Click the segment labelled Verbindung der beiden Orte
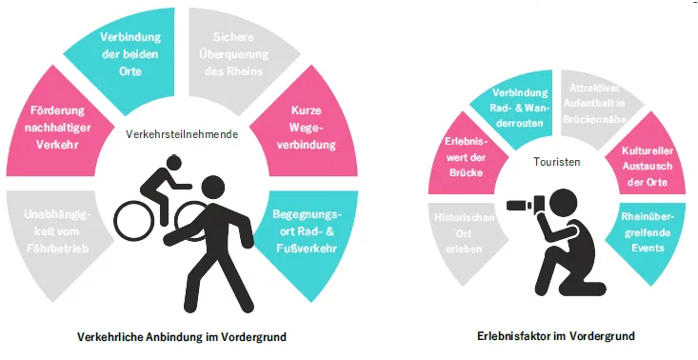[x=130, y=55]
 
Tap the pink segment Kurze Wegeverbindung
[x=308, y=128]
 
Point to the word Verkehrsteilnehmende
[x=182, y=134]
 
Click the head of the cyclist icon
[x=173, y=163]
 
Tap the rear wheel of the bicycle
[x=134, y=221]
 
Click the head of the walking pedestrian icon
[x=212, y=188]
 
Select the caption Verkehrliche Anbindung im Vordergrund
[x=182, y=337]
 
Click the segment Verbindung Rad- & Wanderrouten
[x=520, y=108]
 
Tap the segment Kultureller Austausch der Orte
[x=648, y=166]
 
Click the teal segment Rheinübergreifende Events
[x=648, y=232]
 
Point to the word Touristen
[x=557, y=162]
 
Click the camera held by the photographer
[x=527, y=204]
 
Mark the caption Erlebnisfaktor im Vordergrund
[x=556, y=336]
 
